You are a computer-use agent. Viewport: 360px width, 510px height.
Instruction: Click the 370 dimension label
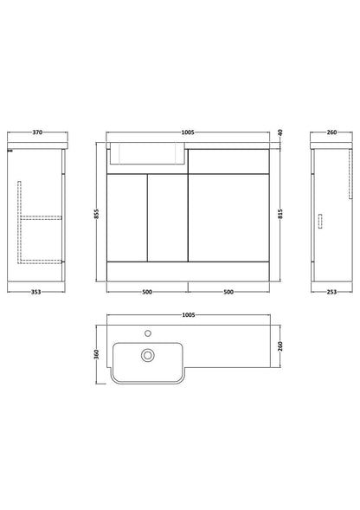point(37,132)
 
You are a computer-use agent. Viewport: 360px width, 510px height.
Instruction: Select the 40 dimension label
point(280,132)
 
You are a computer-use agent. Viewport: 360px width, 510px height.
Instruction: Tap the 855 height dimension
point(96,214)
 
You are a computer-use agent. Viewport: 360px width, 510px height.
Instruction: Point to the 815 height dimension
point(280,214)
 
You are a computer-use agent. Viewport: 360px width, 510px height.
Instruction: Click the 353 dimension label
point(35,292)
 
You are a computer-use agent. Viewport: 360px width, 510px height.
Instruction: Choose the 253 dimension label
point(331,292)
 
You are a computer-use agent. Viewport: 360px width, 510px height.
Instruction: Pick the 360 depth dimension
point(96,354)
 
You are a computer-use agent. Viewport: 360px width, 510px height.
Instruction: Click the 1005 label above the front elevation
point(188,132)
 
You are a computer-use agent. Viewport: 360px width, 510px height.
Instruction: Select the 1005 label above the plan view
point(189,315)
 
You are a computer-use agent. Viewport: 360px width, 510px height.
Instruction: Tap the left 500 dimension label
point(147,292)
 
